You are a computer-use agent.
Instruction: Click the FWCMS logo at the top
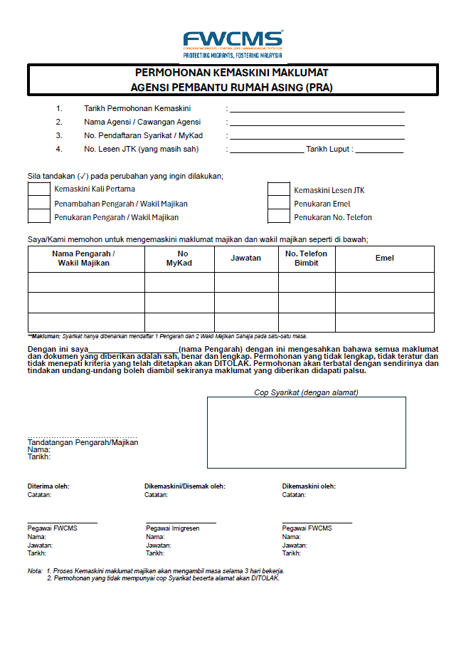pyautogui.click(x=233, y=43)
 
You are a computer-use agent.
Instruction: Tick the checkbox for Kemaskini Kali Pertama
pyautogui.click(x=38, y=189)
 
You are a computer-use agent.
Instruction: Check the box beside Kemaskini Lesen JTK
pyautogui.click(x=279, y=189)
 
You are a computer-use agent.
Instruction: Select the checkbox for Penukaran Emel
pyautogui.click(x=279, y=204)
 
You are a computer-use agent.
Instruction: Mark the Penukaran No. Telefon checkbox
pyautogui.click(x=279, y=217)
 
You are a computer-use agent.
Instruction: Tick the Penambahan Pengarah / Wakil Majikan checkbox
pyautogui.click(x=38, y=204)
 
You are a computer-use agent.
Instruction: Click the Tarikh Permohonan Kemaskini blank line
pyautogui.click(x=317, y=109)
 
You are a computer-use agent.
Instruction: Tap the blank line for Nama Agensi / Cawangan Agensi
pyautogui.click(x=317, y=122)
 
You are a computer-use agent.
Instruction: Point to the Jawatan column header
pyautogui.click(x=246, y=258)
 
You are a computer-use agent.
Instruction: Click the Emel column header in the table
pyautogui.click(x=385, y=258)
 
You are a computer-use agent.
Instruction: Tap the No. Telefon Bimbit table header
pyautogui.click(x=307, y=258)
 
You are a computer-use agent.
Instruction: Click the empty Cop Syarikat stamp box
pyautogui.click(x=307, y=432)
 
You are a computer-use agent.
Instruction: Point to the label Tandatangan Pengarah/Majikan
pyautogui.click(x=83, y=442)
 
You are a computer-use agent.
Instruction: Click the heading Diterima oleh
pyautogui.click(x=48, y=486)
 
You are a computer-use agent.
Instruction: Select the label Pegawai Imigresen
pyautogui.click(x=172, y=528)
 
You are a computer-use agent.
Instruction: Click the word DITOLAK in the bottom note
pyautogui.click(x=265, y=578)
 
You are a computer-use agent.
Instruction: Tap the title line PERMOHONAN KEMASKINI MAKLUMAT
pyautogui.click(x=232, y=73)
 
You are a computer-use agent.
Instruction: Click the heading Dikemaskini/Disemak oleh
pyautogui.click(x=185, y=486)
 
